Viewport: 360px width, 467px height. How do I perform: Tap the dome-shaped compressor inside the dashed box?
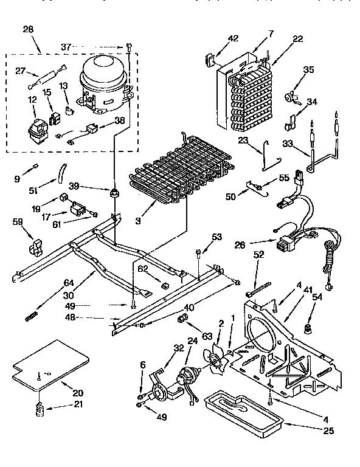(102, 81)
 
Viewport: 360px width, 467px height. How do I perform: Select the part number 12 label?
(31, 100)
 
